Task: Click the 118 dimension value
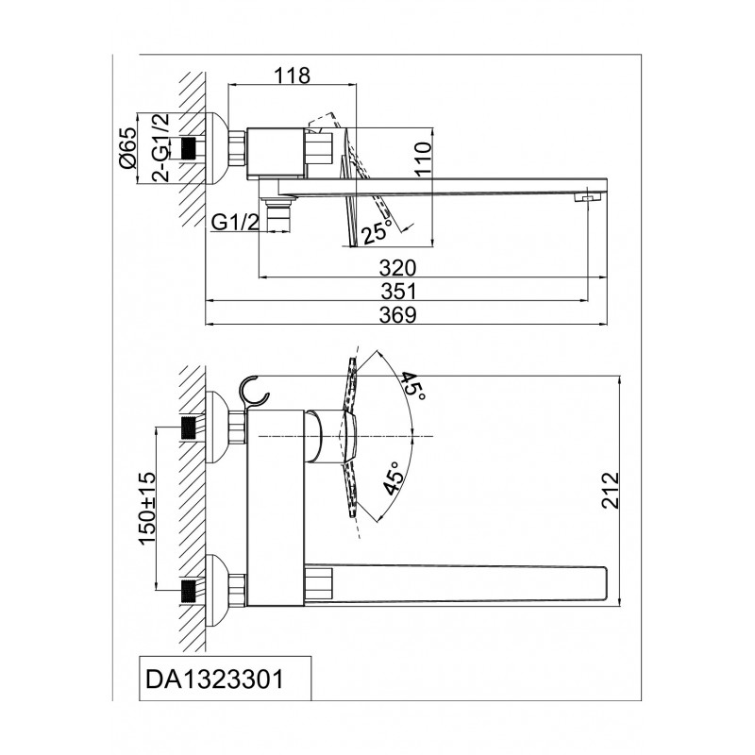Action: click(293, 75)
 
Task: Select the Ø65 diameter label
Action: click(128, 148)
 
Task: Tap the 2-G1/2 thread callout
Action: click(161, 147)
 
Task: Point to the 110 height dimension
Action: click(423, 159)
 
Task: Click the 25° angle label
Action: click(377, 232)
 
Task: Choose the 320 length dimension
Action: click(397, 268)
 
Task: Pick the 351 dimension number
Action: click(397, 292)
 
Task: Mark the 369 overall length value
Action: click(397, 315)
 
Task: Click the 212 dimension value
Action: click(610, 490)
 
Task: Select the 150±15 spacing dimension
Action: click(148, 508)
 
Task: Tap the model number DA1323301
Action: click(215, 679)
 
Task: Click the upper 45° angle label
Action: click(413, 389)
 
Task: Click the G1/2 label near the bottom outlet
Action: click(235, 222)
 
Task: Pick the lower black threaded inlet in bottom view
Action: click(190, 591)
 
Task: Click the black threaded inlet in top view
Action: click(190, 148)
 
